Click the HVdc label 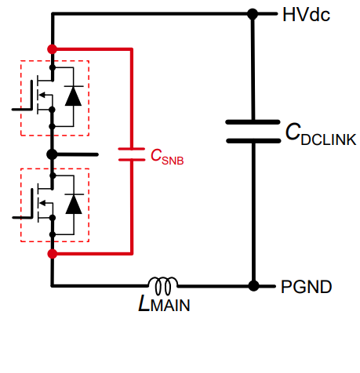[x=306, y=15]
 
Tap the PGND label [x=306, y=287]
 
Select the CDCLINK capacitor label [x=321, y=134]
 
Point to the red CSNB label [x=167, y=157]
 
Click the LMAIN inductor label [x=164, y=303]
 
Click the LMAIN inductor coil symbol [x=163, y=285]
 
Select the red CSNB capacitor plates [x=132, y=154]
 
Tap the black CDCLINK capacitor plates [x=253, y=132]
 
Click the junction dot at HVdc [x=253, y=14]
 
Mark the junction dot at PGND [x=253, y=286]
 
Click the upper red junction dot [x=53, y=49]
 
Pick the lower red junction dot [x=53, y=253]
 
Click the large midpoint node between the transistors [x=52, y=154]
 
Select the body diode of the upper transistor [x=73, y=96]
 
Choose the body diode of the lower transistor [x=74, y=204]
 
